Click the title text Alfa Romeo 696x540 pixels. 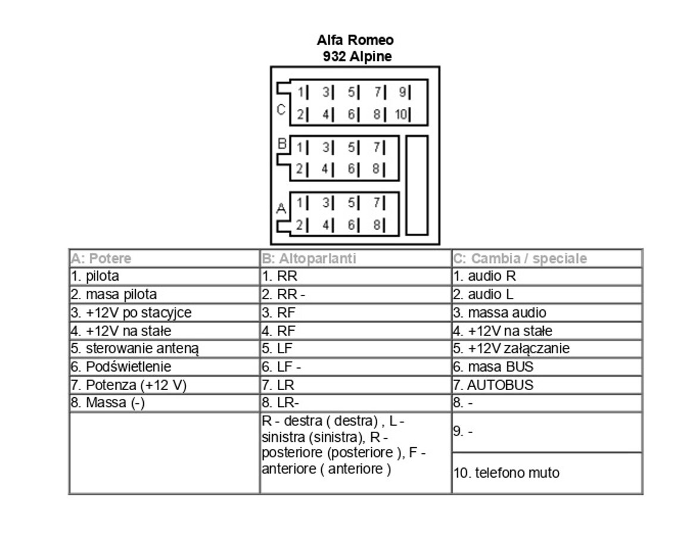point(355,40)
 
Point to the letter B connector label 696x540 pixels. point(283,143)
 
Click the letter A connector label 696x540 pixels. point(281,209)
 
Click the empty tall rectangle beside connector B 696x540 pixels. point(416,184)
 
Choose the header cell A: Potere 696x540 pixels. point(101,259)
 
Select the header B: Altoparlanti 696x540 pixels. point(309,259)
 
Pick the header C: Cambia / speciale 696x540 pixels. point(520,259)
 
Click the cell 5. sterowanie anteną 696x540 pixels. point(134,349)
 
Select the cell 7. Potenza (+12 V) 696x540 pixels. point(128,385)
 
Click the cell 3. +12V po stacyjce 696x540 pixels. point(131,313)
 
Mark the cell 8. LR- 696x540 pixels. point(280,403)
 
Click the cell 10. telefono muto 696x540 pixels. point(506,473)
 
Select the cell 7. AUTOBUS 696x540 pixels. point(493,385)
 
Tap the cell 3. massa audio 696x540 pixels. point(500,313)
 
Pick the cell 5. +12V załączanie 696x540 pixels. point(511,349)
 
